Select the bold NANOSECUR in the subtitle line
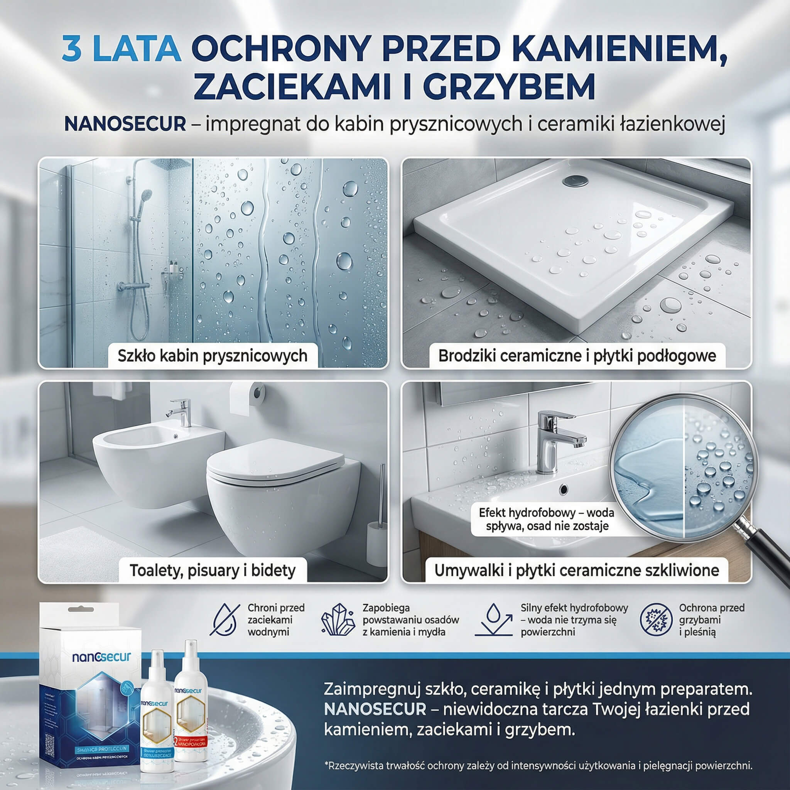pyautogui.click(x=125, y=124)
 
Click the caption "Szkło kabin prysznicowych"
pyautogui.click(x=212, y=356)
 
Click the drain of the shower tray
pyautogui.click(x=574, y=180)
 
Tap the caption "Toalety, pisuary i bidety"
pyautogui.click(x=212, y=570)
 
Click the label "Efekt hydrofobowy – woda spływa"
pyautogui.click(x=546, y=519)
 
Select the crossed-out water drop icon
pyautogui.click(x=225, y=620)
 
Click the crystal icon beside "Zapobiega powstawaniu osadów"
pyautogui.click(x=338, y=620)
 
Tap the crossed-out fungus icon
pyautogui.click(x=656, y=620)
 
